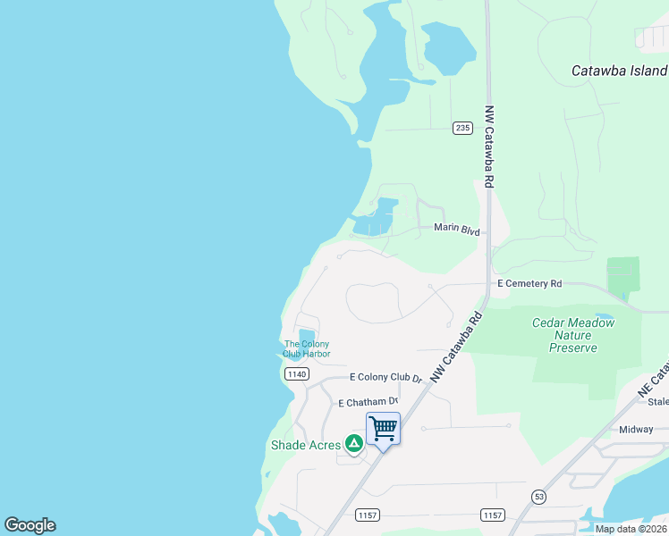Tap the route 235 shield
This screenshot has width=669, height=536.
[462, 128]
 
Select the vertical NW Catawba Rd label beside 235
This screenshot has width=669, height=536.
[489, 147]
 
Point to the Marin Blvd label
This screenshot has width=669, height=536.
[456, 230]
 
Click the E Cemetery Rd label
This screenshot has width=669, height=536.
[529, 283]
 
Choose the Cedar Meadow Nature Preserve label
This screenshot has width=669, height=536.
[573, 335]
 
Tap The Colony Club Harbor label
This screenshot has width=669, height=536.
[307, 349]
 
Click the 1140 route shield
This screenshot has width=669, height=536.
[298, 374]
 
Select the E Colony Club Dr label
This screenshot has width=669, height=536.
[385, 378]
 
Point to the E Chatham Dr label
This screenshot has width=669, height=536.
[368, 404]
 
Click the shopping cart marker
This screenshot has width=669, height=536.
[383, 428]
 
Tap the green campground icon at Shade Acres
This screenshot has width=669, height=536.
[354, 442]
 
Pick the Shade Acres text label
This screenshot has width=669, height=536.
[306, 445]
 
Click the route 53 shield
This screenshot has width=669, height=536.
[538, 496]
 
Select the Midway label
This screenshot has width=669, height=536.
[636, 430]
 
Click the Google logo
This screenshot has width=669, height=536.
[30, 525]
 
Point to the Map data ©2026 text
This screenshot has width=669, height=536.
[631, 529]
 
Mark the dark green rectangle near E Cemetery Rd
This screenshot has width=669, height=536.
[623, 275]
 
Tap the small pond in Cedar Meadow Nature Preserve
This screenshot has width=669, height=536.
[605, 317]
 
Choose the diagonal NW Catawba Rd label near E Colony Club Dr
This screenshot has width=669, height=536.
[456, 348]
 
